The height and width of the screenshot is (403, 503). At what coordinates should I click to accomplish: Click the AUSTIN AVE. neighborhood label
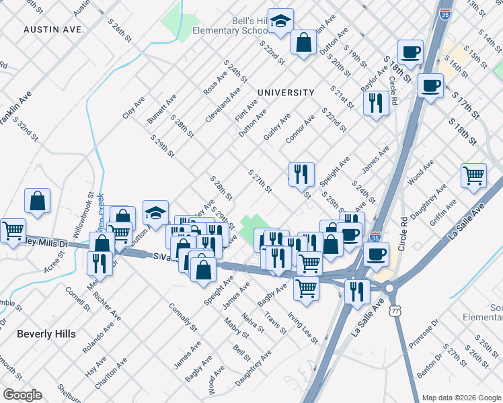tap(53, 30)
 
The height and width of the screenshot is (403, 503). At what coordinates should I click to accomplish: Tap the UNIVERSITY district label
tap(286, 93)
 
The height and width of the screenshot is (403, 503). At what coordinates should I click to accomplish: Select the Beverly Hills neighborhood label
tap(46, 333)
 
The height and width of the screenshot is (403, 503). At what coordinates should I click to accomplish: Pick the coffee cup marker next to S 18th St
tap(410, 51)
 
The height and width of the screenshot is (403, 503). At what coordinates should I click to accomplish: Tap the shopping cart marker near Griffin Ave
tap(473, 175)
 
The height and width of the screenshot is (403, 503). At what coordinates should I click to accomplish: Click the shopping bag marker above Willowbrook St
tap(38, 199)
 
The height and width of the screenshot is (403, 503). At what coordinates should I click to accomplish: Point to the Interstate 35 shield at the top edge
tap(444, 13)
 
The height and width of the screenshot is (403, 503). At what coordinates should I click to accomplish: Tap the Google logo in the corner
tap(22, 394)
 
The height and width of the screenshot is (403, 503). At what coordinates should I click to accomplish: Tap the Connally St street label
tap(183, 319)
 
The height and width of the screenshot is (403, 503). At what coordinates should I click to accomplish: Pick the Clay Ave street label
tap(134, 107)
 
